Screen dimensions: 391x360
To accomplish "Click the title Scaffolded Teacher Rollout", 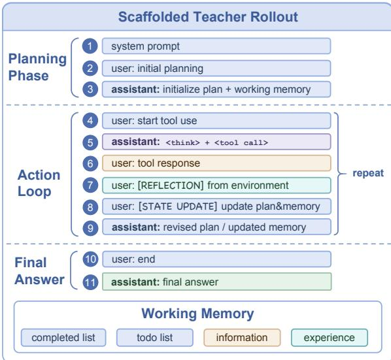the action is (208, 17).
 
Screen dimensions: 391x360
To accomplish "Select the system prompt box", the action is (216, 46).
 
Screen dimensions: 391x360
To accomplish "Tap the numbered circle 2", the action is (90, 68).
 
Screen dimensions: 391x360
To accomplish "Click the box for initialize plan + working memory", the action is (216, 90).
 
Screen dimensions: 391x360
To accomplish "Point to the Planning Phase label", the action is (37, 67).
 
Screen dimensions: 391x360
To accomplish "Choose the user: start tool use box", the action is (216, 121).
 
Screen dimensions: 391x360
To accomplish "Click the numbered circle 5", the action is (90, 142).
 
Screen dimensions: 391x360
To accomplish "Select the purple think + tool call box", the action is (216, 142).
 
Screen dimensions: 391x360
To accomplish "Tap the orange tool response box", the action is (216, 163).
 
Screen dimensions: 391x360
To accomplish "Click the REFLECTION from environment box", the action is (216, 186).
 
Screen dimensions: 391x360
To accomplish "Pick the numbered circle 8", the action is (90, 207).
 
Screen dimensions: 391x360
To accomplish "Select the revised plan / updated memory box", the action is (216, 227).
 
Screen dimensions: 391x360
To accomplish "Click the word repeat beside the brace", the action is (368, 173).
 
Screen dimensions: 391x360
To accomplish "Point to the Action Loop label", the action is (39, 183).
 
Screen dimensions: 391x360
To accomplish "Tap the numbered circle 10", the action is (90, 259).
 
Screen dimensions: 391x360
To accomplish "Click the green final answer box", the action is (216, 282).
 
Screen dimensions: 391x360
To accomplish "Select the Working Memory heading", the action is (197, 314).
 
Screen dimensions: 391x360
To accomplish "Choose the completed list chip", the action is (63, 338).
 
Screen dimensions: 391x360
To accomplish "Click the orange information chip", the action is (242, 338).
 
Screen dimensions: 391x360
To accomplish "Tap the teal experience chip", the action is (329, 338).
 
